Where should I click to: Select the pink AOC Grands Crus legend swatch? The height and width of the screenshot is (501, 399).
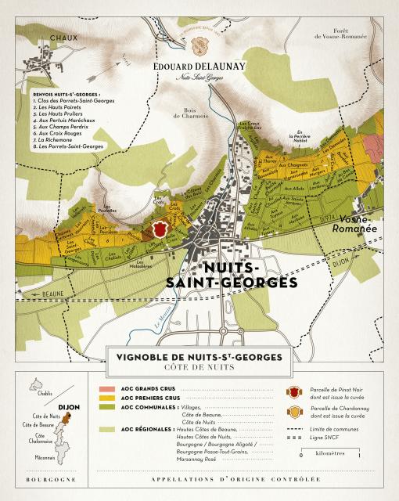point(106,389)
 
